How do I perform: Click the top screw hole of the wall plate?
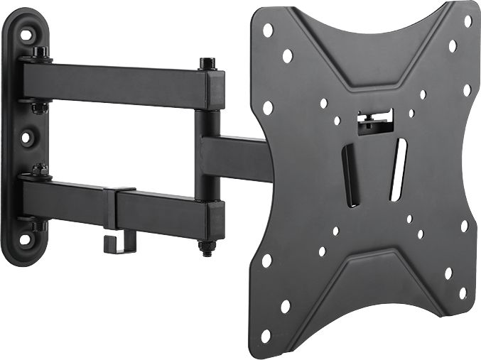point(27,33)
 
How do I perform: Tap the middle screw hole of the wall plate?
point(26,137)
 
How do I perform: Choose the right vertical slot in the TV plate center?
point(399,169)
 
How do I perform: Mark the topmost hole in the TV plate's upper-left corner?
point(268,31)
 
